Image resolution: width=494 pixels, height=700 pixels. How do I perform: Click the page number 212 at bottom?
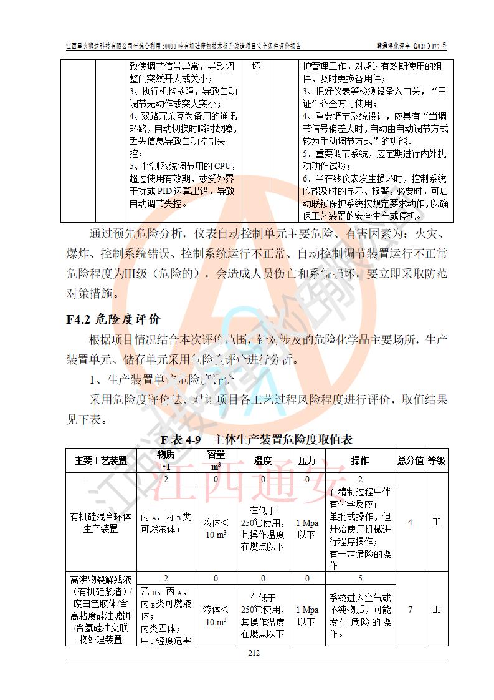pos(254,653)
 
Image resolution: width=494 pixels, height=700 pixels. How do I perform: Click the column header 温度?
pos(262,461)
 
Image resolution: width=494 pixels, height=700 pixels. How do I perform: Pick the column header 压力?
pos(306,461)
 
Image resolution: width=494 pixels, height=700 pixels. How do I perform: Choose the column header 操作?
pos(359,461)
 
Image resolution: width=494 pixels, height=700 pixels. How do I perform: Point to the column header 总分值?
pos(410,461)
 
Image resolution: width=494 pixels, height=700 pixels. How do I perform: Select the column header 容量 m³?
pos(216,461)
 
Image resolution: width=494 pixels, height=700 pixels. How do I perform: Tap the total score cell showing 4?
pos(410,522)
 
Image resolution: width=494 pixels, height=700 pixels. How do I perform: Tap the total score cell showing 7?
pos(410,610)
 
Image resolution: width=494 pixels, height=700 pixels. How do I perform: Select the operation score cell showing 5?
pos(359,578)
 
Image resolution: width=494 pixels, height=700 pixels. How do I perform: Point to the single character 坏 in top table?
pos(255,67)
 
